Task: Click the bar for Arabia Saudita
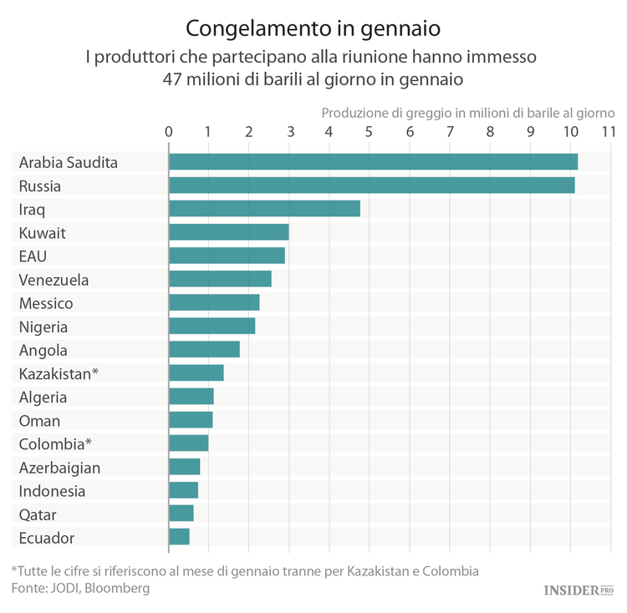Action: point(373,162)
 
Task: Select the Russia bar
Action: point(371,185)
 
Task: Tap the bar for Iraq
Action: point(264,209)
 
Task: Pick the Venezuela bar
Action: point(220,279)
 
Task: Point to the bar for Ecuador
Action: point(179,537)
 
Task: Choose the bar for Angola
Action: point(204,349)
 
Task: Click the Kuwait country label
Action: point(42,232)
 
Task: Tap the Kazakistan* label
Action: point(59,373)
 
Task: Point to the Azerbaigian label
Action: point(59,468)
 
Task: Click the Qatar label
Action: point(38,514)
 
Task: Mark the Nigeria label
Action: point(43,327)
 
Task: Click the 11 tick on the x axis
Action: point(608,132)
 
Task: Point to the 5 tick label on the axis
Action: point(370,132)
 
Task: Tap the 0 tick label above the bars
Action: point(169,132)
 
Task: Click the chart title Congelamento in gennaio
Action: point(313,28)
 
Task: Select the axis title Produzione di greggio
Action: point(468,113)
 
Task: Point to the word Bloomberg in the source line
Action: point(119,589)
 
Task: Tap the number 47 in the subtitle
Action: point(175,80)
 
